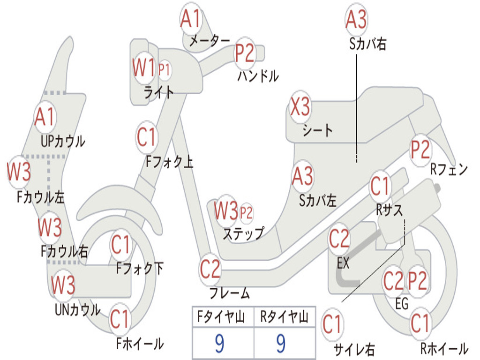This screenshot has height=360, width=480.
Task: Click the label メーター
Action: click(209, 41)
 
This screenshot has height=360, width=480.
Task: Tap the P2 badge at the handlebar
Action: click(244, 52)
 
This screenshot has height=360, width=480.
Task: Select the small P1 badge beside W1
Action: click(164, 70)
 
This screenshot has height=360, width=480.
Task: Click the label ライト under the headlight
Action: click(158, 92)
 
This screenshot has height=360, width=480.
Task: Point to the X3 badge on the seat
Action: click(300, 108)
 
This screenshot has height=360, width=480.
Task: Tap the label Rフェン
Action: click(449, 170)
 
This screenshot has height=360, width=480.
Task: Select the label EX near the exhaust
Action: click(343, 263)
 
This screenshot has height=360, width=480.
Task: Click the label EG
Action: click(402, 304)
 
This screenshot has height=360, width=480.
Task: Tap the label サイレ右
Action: click(354, 349)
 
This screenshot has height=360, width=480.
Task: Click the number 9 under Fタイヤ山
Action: click(219, 344)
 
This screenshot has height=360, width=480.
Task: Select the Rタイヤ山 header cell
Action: click(284, 318)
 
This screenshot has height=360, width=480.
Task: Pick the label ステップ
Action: click(243, 233)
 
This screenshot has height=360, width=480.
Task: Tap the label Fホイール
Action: click(140, 344)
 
